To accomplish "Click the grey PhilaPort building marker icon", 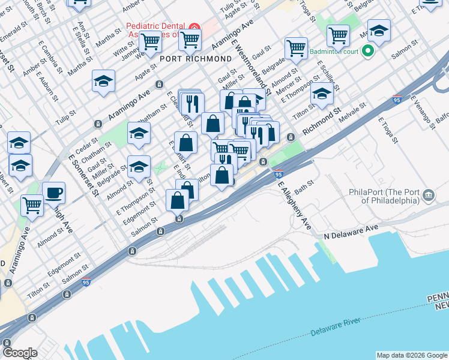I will pos(429,194).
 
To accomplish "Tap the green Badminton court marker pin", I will pos(370,51).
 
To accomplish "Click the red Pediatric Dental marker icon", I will pos(194,29).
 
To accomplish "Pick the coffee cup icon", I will pos(54,192).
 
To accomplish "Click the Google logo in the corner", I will pos(20,353).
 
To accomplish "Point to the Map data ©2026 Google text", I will pos(411,355).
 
